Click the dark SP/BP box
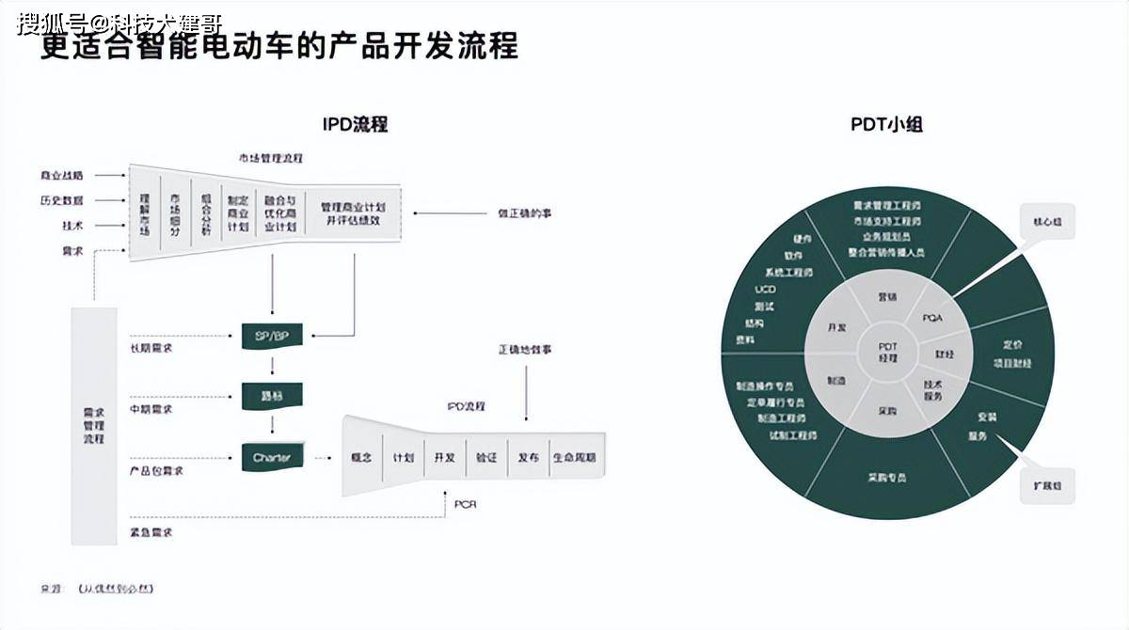(272, 336)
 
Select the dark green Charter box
(272, 458)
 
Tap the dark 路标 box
(272, 396)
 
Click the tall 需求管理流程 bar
(94, 425)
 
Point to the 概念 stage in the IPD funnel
(362, 457)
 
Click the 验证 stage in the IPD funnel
(486, 457)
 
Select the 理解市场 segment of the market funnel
(145, 213)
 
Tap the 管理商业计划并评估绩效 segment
(353, 213)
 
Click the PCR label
(465, 504)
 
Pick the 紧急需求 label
(151, 532)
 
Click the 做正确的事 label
(525, 213)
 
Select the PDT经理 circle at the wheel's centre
(887, 353)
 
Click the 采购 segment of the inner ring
(887, 411)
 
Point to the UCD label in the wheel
(765, 289)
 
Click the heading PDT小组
(886, 124)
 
